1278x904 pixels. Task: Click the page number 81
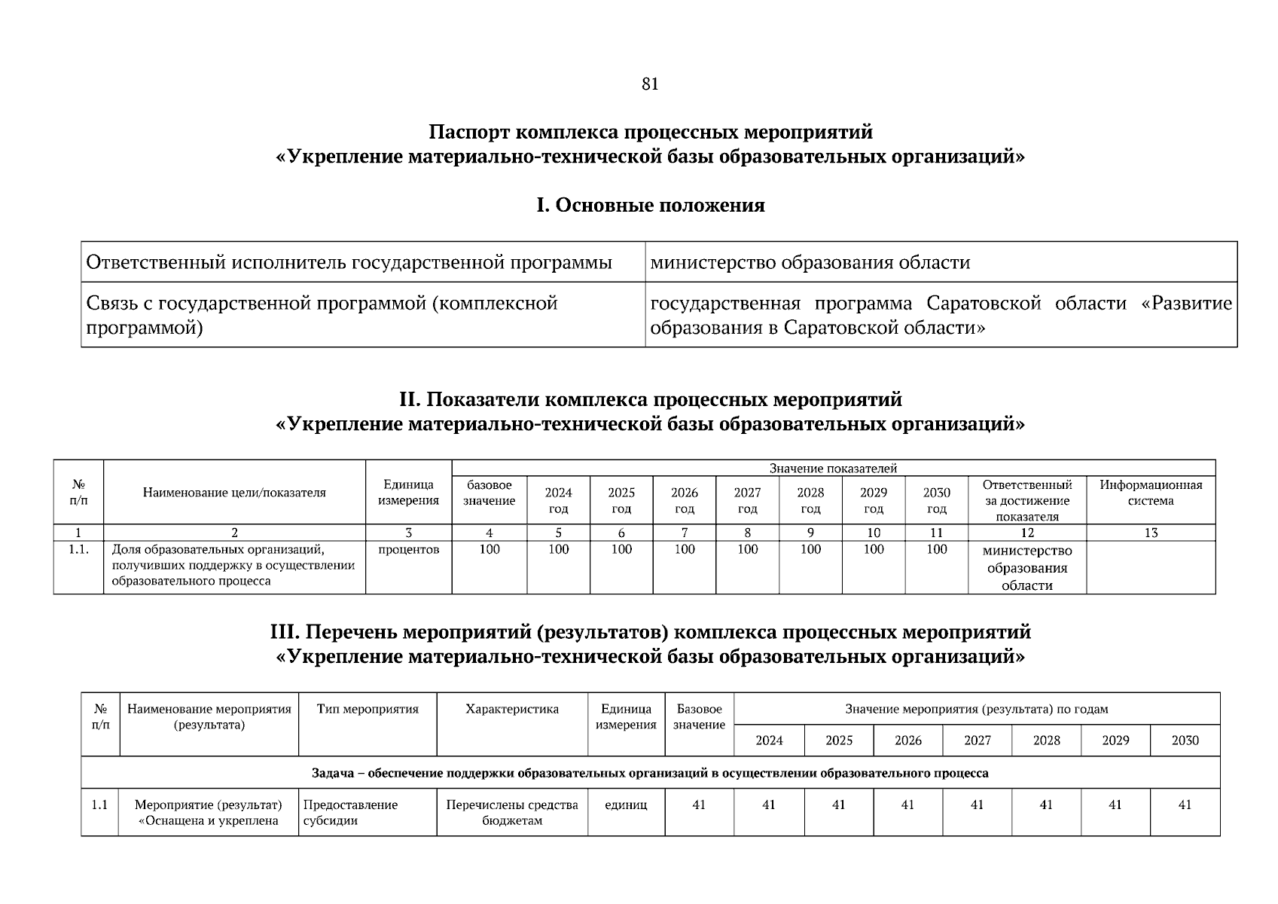[x=650, y=84]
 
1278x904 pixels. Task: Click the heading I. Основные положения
[x=650, y=205]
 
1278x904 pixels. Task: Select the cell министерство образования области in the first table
[x=810, y=262]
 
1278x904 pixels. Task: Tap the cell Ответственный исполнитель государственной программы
[x=349, y=262]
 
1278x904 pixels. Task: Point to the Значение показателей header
[x=833, y=469]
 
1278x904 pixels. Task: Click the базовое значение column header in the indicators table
[x=489, y=493]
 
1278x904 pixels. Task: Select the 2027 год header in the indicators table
[x=747, y=500]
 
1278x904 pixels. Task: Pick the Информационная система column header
[x=1150, y=493]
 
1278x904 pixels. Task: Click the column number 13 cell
[x=1150, y=533]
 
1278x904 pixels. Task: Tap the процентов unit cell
[x=408, y=549]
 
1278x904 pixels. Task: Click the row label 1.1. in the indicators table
[x=78, y=549]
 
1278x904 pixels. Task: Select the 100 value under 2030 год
[x=936, y=549]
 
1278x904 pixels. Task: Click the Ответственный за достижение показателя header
[x=1026, y=500]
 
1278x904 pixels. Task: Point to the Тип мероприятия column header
[x=368, y=709]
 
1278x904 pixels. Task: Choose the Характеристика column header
[x=512, y=709]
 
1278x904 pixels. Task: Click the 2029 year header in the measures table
[x=1115, y=741]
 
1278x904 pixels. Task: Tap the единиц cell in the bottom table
[x=626, y=805]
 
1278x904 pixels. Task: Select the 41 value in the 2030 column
[x=1185, y=805]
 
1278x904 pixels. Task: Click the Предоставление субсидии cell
[x=350, y=812]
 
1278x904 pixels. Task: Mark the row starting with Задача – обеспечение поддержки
[x=650, y=773]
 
